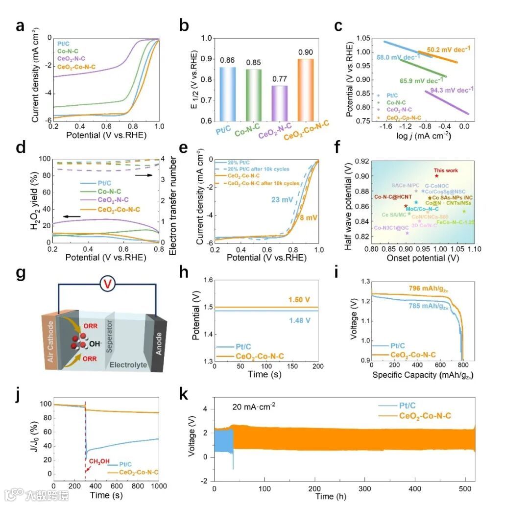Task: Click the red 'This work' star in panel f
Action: (436, 176)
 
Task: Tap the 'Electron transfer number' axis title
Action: (173, 200)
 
